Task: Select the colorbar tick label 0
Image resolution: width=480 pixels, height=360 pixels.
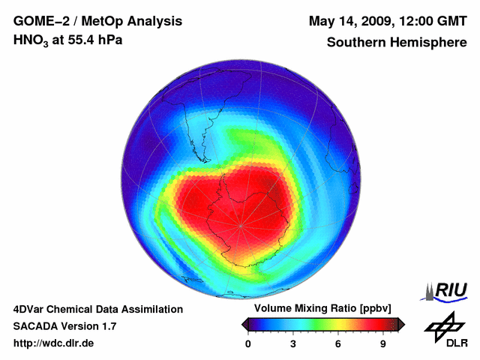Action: [248, 343]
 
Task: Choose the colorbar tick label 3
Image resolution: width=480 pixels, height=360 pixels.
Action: [293, 343]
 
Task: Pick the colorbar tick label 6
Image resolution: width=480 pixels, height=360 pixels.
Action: [338, 343]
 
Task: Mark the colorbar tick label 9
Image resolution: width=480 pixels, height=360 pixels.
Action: [383, 343]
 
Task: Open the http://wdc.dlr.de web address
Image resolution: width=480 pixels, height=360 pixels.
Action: [54, 343]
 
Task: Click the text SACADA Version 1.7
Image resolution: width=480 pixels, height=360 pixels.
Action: [64, 326]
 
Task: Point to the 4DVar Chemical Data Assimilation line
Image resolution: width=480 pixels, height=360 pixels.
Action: [98, 309]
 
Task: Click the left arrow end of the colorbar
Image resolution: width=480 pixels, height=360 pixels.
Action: [244, 324]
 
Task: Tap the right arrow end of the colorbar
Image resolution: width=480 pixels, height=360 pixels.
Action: [401, 324]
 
